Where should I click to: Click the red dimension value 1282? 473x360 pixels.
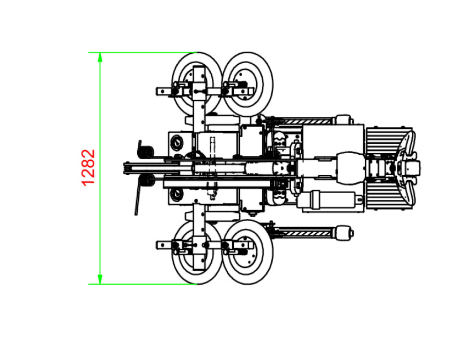88,168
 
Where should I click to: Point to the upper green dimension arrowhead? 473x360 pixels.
100,57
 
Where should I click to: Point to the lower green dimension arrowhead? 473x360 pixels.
100,279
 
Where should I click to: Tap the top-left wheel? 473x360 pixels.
197,84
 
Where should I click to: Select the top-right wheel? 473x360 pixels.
247,83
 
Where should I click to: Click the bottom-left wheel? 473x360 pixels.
197,252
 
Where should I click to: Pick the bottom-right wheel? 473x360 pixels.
247,252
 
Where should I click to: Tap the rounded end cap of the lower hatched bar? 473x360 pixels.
345,233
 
